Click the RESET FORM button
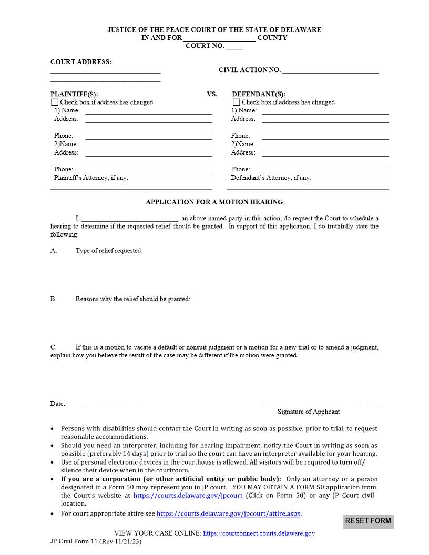pos(368,521)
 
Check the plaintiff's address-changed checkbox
pos(55,102)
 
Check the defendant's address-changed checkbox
pos(237,102)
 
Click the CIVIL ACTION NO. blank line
pos(330,70)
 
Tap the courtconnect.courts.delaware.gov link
pos(259,533)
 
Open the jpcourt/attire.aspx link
pos(229,513)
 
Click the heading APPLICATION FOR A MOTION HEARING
pos(214,202)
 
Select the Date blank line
pos(103,404)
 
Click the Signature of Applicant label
pos(309,412)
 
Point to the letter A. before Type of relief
pos(54,251)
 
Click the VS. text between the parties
pos(212,94)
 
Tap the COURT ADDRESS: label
pos(81,62)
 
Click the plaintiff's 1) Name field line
pos(148,111)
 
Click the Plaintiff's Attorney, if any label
pos(91,178)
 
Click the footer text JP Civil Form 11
pos(74,541)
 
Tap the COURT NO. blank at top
pos(234,47)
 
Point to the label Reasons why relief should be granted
pos(132,299)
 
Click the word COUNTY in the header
pos(272,38)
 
